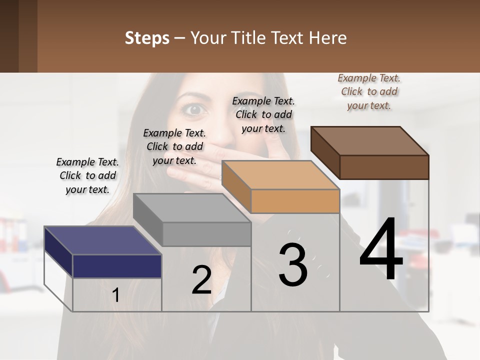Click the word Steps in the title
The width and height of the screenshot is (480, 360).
(x=147, y=38)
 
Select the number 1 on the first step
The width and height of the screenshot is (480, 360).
(x=116, y=295)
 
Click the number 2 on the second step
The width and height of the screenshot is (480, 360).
(x=201, y=280)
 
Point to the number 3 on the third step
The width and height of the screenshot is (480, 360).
(x=293, y=265)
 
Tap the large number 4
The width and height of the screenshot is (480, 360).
(x=381, y=250)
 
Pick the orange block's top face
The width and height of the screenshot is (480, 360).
(x=280, y=175)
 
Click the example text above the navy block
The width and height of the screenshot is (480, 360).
(x=87, y=175)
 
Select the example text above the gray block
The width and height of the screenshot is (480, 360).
(x=174, y=146)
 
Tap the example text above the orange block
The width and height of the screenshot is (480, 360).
(x=263, y=114)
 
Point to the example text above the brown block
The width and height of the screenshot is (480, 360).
(x=369, y=91)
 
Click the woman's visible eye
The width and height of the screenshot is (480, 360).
(x=195, y=109)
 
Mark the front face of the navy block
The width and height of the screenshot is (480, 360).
(x=117, y=266)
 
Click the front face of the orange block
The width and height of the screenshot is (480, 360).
(x=295, y=201)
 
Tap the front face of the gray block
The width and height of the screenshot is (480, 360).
(x=206, y=234)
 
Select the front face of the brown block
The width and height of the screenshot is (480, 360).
(x=384, y=167)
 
